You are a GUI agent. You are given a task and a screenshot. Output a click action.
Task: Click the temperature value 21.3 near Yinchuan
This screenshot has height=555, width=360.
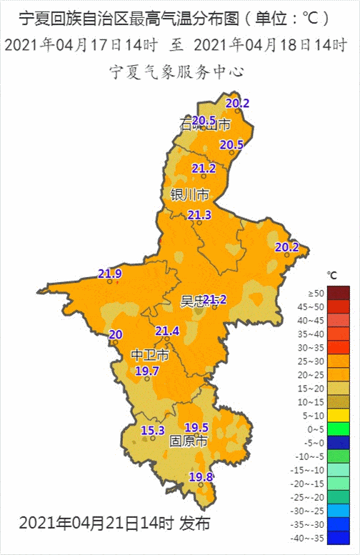tap(199, 215)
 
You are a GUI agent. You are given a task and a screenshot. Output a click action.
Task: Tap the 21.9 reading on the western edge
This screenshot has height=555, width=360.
tap(110, 274)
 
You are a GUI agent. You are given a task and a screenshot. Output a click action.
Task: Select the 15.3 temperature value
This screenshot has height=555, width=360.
tap(153, 430)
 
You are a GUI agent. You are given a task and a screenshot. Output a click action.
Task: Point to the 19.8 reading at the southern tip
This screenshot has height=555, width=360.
tap(201, 476)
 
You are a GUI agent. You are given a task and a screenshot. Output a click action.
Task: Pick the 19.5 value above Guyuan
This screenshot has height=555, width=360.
tap(196, 427)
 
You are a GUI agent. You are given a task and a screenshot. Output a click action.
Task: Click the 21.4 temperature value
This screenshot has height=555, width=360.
tap(167, 331)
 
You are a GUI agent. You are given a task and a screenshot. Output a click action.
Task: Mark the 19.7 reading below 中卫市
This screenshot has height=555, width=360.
tap(147, 371)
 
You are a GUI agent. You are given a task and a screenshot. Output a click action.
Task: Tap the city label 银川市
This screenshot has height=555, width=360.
tap(190, 194)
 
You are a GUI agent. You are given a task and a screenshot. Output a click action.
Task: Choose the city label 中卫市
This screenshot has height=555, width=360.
tap(151, 355)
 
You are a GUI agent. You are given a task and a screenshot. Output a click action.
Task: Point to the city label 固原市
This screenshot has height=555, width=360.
tap(188, 441)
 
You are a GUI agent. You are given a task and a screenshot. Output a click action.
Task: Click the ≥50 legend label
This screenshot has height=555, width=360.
tap(315, 293)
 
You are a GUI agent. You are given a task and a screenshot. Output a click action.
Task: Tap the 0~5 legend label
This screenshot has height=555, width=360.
tap(316, 429)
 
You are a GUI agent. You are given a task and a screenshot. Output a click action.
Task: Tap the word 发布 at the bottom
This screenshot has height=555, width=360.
tap(194, 523)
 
